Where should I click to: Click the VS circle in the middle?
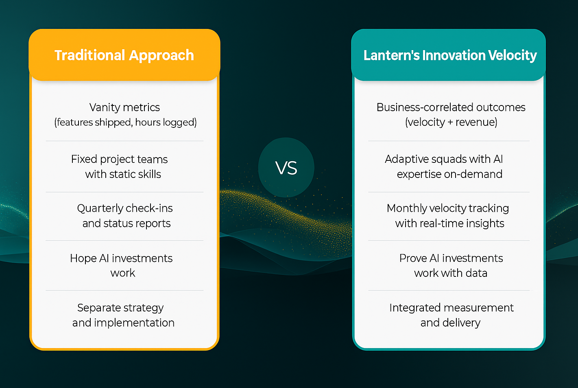tap(286, 168)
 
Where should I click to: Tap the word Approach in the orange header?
tap(161, 56)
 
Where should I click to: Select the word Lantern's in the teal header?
tap(391, 55)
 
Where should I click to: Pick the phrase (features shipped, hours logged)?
tap(125, 122)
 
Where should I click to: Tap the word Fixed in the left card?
tap(84, 159)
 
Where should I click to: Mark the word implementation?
tap(134, 323)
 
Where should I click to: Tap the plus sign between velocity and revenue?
tap(450, 123)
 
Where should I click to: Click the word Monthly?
tap(407, 208)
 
